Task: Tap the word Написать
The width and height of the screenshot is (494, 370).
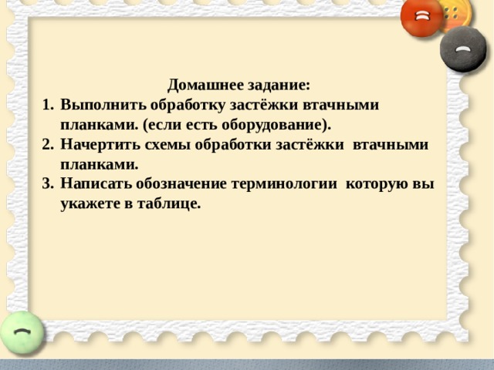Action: pyautogui.click(x=96, y=185)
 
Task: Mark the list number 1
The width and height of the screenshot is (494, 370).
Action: pyautogui.click(x=46, y=105)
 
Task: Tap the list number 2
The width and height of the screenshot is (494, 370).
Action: pyautogui.click(x=46, y=145)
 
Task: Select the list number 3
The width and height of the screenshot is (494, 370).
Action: pyautogui.click(x=46, y=185)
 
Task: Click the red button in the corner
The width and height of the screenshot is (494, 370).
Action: pyautogui.click(x=422, y=17)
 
